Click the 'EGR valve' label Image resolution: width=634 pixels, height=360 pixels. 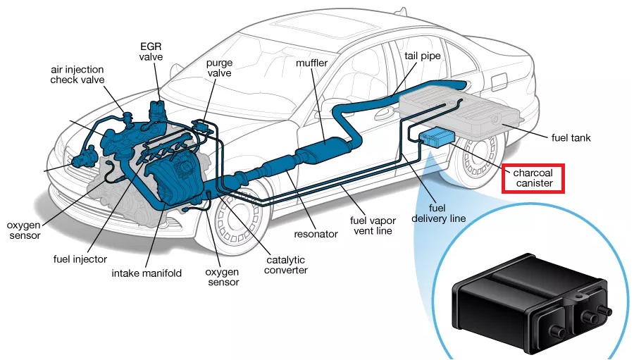(151, 51)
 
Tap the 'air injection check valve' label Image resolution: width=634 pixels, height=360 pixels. (77, 75)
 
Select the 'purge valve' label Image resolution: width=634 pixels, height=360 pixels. (219, 68)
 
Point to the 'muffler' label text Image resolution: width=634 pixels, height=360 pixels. (311, 63)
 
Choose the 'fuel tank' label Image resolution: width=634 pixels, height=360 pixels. (571, 138)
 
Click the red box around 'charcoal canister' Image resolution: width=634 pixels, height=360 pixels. (537, 178)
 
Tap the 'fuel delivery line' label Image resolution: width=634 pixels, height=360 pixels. (437, 213)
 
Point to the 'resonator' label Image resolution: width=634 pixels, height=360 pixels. (316, 233)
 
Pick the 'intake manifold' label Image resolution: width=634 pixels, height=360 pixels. (147, 273)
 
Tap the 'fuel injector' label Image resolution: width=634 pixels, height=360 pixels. (80, 259)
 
